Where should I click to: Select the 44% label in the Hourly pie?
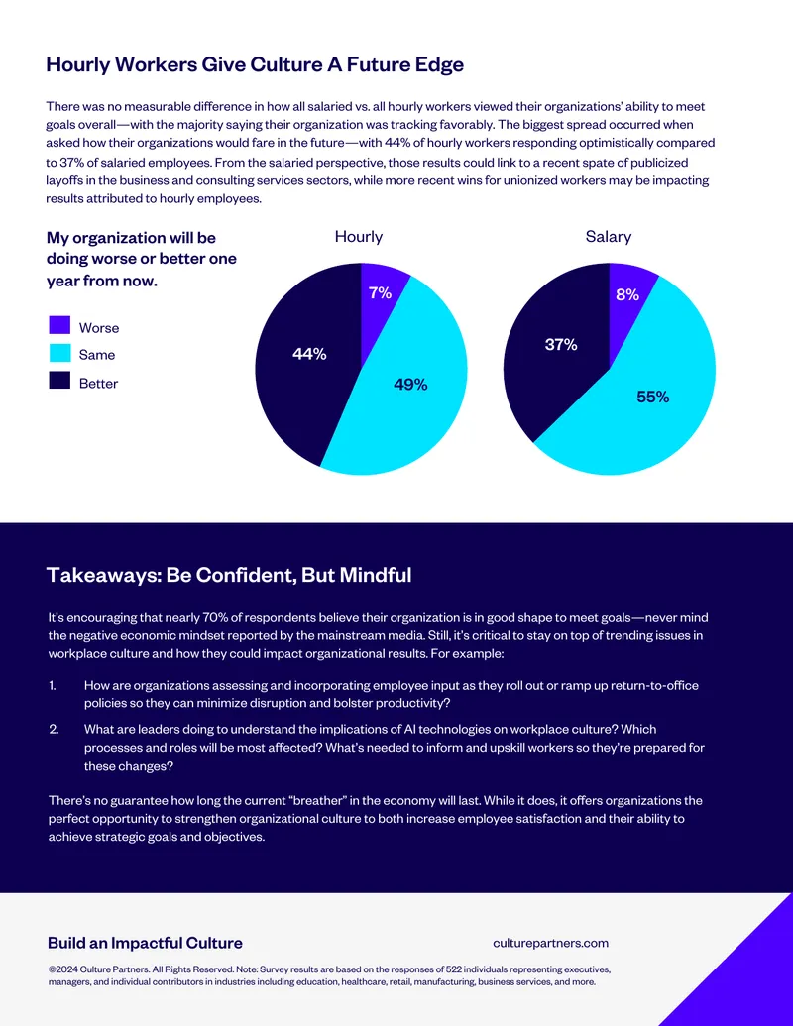pos(309,354)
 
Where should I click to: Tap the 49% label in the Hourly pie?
pos(411,385)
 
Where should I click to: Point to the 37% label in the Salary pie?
pos(561,345)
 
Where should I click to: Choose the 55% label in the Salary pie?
pos(653,398)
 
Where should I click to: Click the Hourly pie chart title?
pos(359,237)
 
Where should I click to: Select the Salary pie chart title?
pos(609,237)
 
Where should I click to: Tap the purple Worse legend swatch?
pos(59,325)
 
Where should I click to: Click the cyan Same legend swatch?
pos(59,353)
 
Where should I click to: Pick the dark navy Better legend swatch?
pos(59,381)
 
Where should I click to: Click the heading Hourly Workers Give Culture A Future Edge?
pos(255,64)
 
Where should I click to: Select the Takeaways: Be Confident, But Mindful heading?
pos(229,575)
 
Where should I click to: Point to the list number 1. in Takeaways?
pos(53,685)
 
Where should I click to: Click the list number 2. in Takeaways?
pos(54,729)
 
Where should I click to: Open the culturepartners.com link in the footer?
pos(551,943)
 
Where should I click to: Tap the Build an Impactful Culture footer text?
pos(146,943)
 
